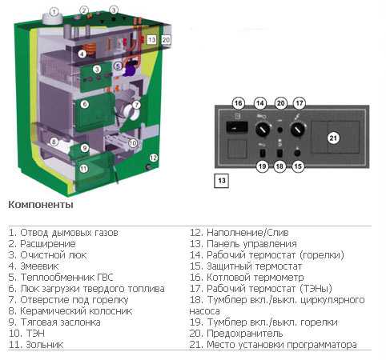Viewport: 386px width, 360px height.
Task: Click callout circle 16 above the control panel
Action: coord(239,103)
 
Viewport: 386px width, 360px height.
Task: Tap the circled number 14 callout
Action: coord(260,103)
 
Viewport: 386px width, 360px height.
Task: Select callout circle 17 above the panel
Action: coord(300,103)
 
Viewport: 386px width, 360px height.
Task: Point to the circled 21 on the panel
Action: coord(333,138)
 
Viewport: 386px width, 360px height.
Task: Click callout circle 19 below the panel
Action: coord(262,166)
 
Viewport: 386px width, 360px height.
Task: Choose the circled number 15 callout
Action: coord(298,166)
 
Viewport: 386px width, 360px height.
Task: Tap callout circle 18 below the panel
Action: coord(279,166)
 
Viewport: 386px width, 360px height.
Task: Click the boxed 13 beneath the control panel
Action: coord(222,181)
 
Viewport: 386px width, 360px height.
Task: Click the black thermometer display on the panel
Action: coord(237,127)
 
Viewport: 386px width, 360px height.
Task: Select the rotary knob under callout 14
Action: coord(263,130)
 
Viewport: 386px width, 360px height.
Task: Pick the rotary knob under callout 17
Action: coord(298,130)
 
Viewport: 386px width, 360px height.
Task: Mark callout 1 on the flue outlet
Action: coord(54,12)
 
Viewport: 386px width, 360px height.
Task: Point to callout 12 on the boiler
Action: coord(153,158)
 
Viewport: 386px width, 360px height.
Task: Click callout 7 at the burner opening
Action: coord(136,105)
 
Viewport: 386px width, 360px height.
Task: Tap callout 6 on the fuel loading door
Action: coord(85,104)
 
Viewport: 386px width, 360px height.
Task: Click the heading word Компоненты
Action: coord(41,205)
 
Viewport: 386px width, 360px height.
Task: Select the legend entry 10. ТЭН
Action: coord(26,334)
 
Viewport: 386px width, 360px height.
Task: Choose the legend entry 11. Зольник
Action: coord(36,345)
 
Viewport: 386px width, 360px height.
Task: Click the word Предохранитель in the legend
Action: coord(245,334)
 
